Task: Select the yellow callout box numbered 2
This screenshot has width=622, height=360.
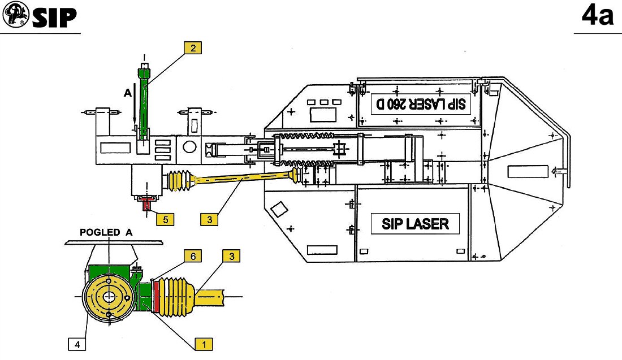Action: click(193, 48)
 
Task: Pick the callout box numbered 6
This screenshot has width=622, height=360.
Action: click(193, 256)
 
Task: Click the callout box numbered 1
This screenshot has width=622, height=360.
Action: click(204, 342)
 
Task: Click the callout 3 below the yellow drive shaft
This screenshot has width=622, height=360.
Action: click(209, 219)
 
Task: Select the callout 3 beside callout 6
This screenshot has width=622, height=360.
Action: click(231, 256)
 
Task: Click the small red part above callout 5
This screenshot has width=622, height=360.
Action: click(148, 203)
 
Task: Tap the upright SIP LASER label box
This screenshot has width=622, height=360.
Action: click(414, 223)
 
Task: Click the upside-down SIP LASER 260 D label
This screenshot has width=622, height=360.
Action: click(421, 103)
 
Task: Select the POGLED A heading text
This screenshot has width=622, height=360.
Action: click(106, 232)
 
